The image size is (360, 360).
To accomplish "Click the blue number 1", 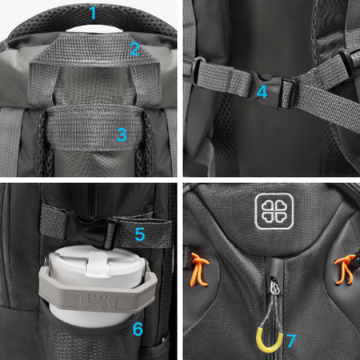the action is click(x=93, y=13).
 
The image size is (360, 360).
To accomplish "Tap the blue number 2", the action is click(x=134, y=49).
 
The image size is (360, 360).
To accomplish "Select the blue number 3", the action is click(x=122, y=134).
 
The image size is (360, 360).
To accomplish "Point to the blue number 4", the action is click(x=262, y=92).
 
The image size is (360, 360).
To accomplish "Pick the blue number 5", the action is click(x=140, y=234).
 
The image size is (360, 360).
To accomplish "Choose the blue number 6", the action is click(x=138, y=329).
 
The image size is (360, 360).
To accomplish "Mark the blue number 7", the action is click(x=291, y=341).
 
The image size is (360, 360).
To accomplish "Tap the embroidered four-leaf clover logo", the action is click(x=274, y=211).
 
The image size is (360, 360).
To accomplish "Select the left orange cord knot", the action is click(x=198, y=270).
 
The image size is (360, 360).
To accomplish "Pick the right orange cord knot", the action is click(x=345, y=270).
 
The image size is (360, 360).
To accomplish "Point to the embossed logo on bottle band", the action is click(x=97, y=301).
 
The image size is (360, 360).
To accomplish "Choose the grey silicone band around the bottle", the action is click(x=98, y=294).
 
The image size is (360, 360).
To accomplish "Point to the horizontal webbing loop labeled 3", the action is click(x=94, y=127).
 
